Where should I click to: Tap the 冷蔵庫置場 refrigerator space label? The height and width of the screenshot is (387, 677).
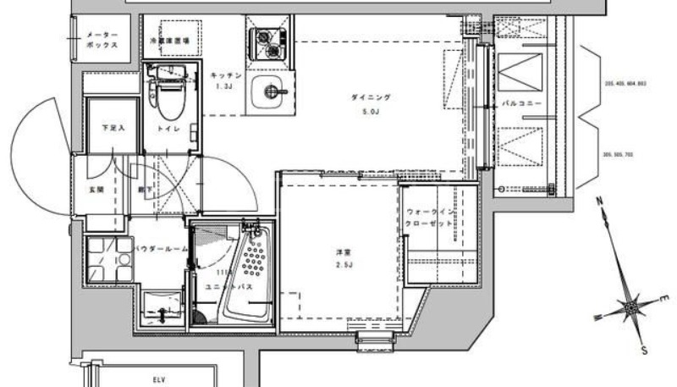coord(169,40)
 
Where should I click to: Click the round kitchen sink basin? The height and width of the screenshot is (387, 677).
coord(271,89)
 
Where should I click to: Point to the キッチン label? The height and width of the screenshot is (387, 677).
coord(227,76)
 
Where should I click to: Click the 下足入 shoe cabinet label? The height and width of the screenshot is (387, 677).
coord(113,128)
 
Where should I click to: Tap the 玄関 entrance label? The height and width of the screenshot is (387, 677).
coord(87,191)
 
